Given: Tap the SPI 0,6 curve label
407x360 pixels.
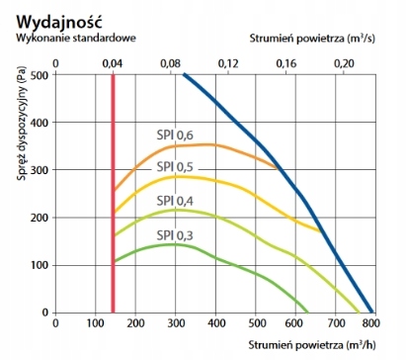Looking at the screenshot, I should [x=174, y=135].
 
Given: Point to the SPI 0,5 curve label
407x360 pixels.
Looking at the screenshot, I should [x=174, y=167].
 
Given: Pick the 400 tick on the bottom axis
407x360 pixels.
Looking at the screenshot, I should [x=215, y=323].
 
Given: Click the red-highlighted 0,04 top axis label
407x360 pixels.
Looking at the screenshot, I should [x=113, y=62].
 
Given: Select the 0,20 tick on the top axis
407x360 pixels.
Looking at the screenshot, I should [x=344, y=62].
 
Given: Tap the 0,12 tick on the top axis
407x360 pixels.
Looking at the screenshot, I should [x=228, y=62].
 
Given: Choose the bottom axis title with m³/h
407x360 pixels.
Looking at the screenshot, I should [x=325, y=344].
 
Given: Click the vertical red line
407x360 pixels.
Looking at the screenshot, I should [x=113, y=198].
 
